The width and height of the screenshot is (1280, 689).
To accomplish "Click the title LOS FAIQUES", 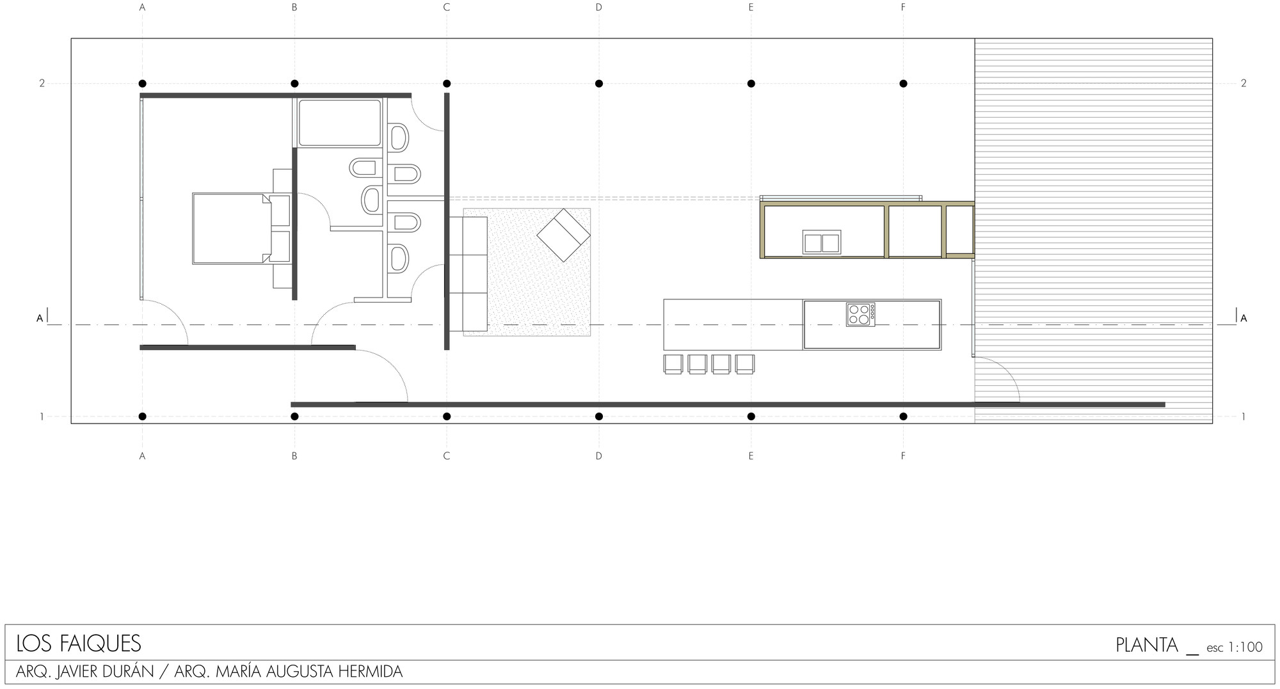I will [79, 643].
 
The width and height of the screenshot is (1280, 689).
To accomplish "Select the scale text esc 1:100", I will [1234, 647].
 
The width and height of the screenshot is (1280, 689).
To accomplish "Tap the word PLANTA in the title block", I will [1146, 645].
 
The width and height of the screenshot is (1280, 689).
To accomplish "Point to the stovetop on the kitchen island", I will [860, 315].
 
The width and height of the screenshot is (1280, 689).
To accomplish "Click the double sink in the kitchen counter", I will [821, 242].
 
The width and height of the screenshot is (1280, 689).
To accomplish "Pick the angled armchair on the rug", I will [563, 235].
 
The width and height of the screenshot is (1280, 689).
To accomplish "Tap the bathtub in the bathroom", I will [339, 123].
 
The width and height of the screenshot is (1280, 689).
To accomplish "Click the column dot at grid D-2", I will [598, 84].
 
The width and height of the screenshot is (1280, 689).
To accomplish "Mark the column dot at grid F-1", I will [903, 416].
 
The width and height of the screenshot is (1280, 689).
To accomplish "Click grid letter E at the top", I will [751, 8].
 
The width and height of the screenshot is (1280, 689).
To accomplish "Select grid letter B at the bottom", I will [294, 456].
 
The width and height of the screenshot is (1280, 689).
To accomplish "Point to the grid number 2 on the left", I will [42, 83].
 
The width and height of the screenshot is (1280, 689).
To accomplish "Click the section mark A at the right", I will [1244, 318].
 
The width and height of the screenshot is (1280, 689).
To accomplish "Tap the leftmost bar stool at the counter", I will [673, 363].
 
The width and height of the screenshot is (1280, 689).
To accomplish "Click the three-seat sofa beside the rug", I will [467, 274].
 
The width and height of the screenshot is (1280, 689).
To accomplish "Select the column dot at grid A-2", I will [142, 84].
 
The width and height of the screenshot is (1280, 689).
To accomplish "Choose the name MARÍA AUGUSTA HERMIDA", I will [309, 672].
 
